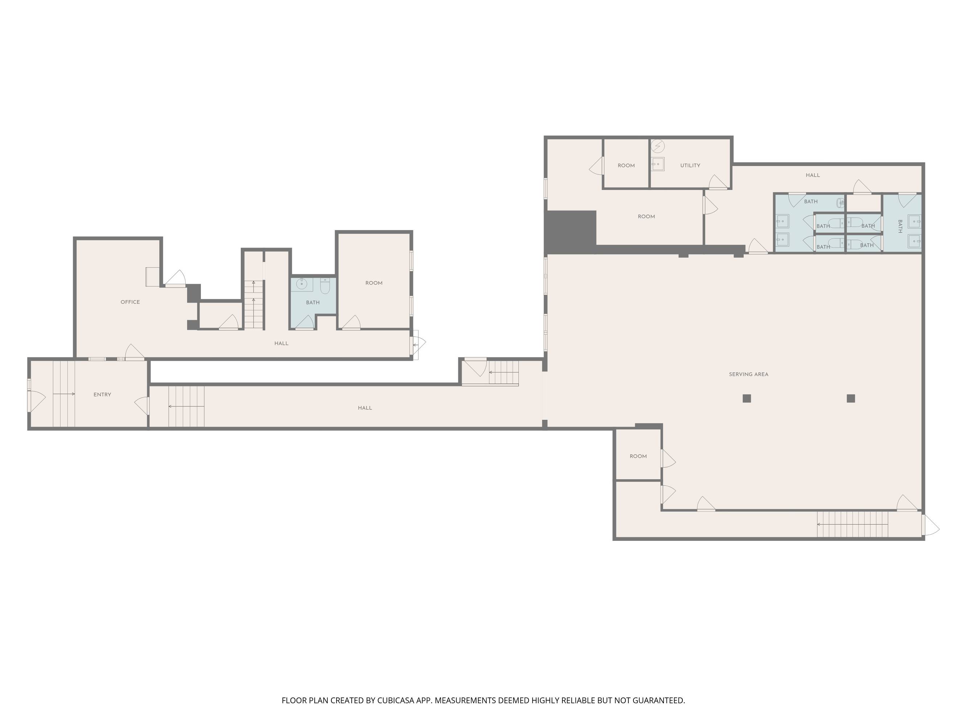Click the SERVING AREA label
748,374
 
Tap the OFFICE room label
130,302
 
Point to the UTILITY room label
690,166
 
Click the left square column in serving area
747,398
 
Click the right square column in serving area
851,398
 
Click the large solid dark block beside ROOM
570,232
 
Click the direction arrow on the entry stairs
64,394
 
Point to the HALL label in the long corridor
365,408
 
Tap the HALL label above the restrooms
813,175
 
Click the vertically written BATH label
900,226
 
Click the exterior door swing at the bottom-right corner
930,525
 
